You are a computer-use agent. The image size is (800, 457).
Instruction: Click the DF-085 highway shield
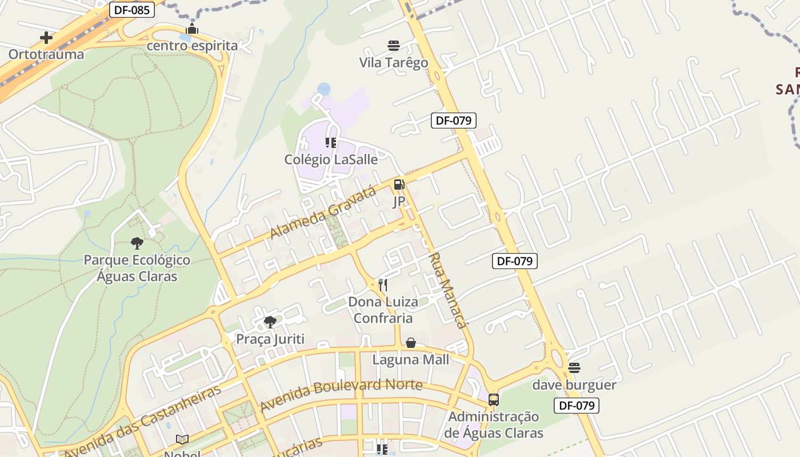click(132, 9)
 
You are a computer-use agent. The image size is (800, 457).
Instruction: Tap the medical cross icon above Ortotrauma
click(46, 38)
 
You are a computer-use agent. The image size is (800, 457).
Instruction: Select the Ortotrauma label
click(46, 54)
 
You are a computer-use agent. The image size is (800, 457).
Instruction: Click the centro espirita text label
click(192, 45)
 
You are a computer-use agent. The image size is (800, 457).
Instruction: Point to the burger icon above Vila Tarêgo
click(393, 46)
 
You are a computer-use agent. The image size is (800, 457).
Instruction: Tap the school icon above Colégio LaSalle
click(331, 143)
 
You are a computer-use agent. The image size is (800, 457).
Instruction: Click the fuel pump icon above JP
click(399, 185)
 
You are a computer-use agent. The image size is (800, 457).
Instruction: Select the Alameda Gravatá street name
click(323, 213)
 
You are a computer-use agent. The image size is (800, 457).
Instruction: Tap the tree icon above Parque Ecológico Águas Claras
click(137, 243)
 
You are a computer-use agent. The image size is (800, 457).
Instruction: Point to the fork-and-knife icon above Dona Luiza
click(383, 285)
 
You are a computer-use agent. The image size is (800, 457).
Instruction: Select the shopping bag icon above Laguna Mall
click(411, 343)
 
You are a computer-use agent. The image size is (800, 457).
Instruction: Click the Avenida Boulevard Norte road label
click(341, 395)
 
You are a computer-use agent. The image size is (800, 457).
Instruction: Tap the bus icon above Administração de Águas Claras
click(494, 400)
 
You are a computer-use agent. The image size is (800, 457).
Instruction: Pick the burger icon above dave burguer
click(574, 368)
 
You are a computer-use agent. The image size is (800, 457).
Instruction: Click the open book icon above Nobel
click(182, 439)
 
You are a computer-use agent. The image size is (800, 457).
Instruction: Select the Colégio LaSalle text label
click(331, 159)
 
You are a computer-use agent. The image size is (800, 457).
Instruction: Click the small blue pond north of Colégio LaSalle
click(324, 89)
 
